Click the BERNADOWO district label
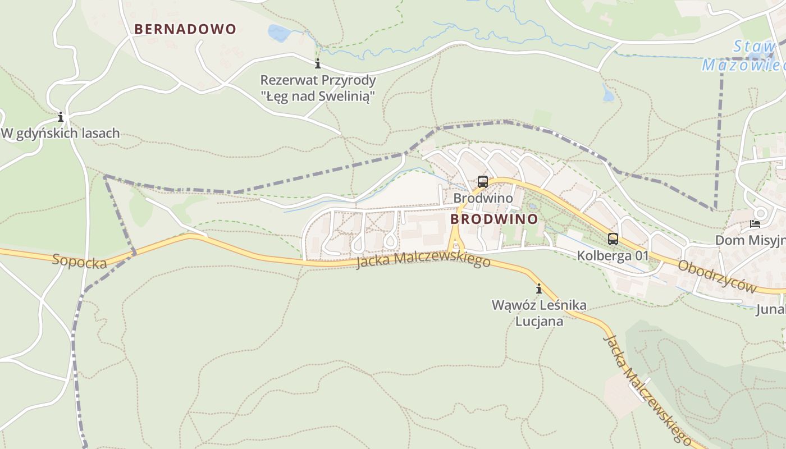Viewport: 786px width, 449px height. [x=185, y=29]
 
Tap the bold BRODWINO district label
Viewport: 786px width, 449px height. [x=494, y=219]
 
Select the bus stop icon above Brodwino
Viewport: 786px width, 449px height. [x=482, y=182]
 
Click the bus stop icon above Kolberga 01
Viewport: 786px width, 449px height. [x=613, y=239]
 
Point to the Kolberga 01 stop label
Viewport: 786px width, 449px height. [x=613, y=256]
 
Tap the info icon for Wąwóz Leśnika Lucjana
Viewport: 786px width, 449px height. [x=539, y=289]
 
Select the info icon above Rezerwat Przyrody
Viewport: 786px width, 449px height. [x=318, y=63]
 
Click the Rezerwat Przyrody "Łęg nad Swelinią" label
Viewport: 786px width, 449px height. [x=318, y=88]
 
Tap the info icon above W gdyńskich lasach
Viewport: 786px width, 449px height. [x=61, y=117]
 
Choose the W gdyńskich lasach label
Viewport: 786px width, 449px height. [x=61, y=134]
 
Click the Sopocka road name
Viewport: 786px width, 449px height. [x=79, y=261]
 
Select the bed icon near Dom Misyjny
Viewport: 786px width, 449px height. [x=755, y=224]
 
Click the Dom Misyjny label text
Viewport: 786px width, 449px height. [x=750, y=240]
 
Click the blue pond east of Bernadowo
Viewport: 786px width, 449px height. [x=278, y=33]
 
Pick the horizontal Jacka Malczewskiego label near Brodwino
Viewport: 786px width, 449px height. [x=423, y=260]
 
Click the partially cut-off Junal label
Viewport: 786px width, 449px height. [x=770, y=309]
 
